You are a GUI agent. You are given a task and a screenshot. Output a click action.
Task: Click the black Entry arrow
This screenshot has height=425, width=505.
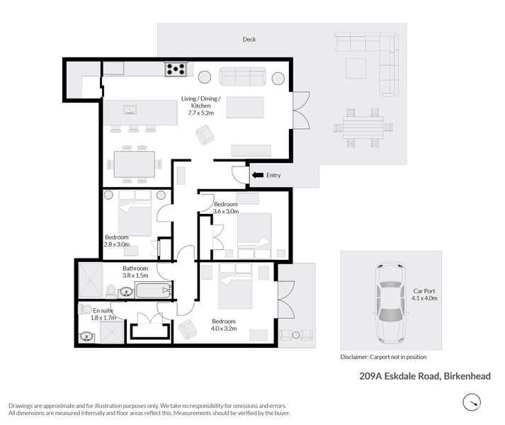coord(256,174)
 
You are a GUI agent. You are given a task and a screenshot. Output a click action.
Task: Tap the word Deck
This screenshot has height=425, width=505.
coord(249,40)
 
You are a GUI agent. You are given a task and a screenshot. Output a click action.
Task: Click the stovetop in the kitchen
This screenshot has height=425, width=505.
coord(176,69)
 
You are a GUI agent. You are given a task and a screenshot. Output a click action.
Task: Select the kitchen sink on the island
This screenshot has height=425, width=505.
coord(130,110)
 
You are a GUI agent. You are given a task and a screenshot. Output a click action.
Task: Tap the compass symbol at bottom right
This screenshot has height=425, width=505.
coord(472,403)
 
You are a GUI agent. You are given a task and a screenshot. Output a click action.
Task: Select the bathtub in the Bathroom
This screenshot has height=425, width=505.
coord(152,290)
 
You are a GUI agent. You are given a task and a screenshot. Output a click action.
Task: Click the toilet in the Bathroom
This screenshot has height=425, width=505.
coord(111,290)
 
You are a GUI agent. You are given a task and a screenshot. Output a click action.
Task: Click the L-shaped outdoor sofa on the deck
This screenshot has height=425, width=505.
coord(375,60)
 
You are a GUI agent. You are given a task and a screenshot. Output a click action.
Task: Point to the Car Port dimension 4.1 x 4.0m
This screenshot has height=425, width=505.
coord(425,299)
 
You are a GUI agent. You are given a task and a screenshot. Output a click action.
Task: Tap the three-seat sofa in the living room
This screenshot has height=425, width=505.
coord(242,76)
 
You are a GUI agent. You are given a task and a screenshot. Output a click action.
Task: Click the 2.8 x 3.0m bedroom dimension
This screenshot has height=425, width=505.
coord(117,244)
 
